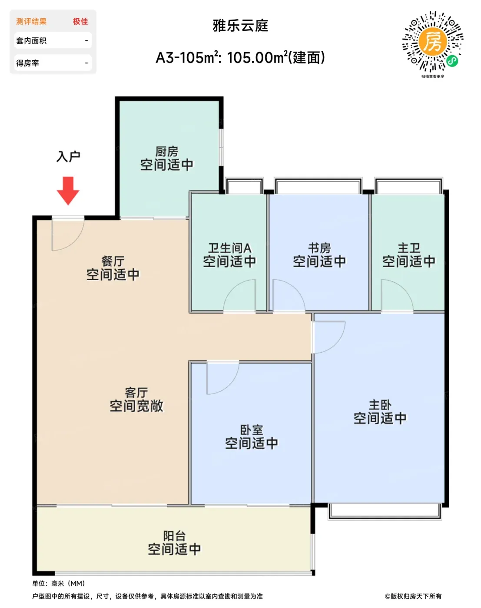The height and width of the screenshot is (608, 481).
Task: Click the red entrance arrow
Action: coord(68,191)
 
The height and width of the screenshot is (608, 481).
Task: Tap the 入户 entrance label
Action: coord(68,156)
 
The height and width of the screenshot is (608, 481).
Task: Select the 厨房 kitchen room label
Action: coord(167,152)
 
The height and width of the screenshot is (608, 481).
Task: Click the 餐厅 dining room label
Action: coord(113,261)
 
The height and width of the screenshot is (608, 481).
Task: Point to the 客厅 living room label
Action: coord(136,393)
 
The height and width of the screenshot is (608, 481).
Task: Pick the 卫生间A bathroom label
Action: coord(229,248)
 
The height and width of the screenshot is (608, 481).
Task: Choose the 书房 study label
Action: coord(319,248)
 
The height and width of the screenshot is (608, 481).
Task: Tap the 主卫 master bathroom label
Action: coord(409,248)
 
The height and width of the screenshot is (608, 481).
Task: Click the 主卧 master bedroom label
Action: coord(380,405)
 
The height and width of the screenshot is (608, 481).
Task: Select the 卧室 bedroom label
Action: coord(252,430)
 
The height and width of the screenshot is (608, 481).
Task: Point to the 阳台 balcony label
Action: coord(175,536)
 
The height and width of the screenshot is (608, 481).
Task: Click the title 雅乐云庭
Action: coord(240,26)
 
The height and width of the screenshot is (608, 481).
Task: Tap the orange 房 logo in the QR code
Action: coord(433,41)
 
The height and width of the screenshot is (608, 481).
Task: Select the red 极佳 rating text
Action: coord(80,21)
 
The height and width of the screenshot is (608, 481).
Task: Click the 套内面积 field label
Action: coord(31,41)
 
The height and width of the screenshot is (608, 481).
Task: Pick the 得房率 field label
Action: coord(27,63)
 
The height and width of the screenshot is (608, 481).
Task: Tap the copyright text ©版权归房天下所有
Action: coord(413,596)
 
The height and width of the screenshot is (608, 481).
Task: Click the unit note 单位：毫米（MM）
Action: coord(59,583)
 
